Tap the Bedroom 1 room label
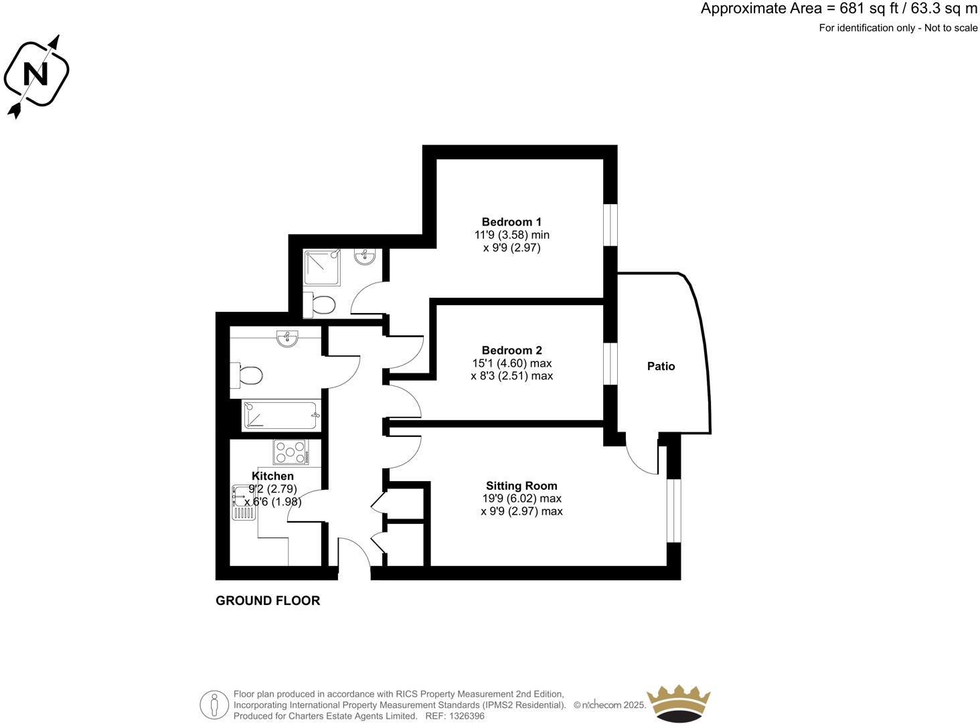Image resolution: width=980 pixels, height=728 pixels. pyautogui.click(x=511, y=222)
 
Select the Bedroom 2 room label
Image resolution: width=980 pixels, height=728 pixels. pyautogui.click(x=511, y=351)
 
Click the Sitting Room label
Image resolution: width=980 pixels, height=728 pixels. pyautogui.click(x=521, y=486)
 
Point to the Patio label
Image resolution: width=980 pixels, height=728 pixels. pyautogui.click(x=661, y=367)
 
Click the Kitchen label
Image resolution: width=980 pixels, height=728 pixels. pyautogui.click(x=272, y=476)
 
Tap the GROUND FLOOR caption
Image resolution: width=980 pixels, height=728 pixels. pyautogui.click(x=268, y=601)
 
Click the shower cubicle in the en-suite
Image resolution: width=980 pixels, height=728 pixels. pyautogui.click(x=321, y=268)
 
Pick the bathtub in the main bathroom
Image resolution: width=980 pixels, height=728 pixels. pyautogui.click(x=280, y=415)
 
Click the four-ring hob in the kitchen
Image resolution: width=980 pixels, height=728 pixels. pyautogui.click(x=290, y=452)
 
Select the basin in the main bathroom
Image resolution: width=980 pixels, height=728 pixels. pyautogui.click(x=287, y=339)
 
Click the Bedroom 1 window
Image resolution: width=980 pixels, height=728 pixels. pyautogui.click(x=610, y=224)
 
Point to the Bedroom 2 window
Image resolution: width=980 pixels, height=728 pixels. pyautogui.click(x=610, y=364)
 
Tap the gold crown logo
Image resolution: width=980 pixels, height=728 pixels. pyautogui.click(x=678, y=704)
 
